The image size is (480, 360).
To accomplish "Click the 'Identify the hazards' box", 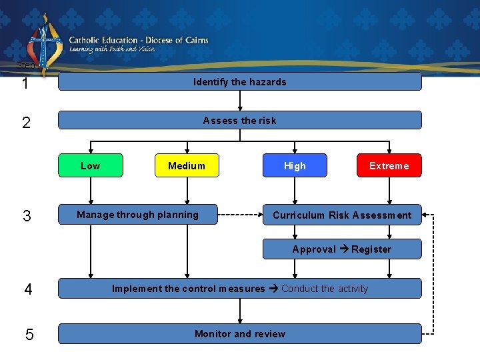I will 240,82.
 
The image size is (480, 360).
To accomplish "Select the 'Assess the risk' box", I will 240,121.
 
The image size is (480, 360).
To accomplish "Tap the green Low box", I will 91,166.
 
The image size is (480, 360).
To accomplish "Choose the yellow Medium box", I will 187,166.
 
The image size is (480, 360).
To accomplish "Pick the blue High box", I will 295,166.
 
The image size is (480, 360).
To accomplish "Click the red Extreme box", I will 389,166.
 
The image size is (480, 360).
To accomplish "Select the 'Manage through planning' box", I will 138,215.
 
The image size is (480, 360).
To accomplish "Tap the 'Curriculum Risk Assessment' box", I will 342,215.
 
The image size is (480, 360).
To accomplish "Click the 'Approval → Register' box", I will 342,249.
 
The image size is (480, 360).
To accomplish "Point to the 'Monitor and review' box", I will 240,334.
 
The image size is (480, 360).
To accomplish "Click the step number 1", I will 25,84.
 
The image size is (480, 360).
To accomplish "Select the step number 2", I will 25,123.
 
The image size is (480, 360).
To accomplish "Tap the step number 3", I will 26,216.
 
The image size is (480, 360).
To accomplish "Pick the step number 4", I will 28,289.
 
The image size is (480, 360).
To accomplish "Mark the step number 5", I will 29,335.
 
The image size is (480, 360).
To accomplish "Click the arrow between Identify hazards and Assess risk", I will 240,100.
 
